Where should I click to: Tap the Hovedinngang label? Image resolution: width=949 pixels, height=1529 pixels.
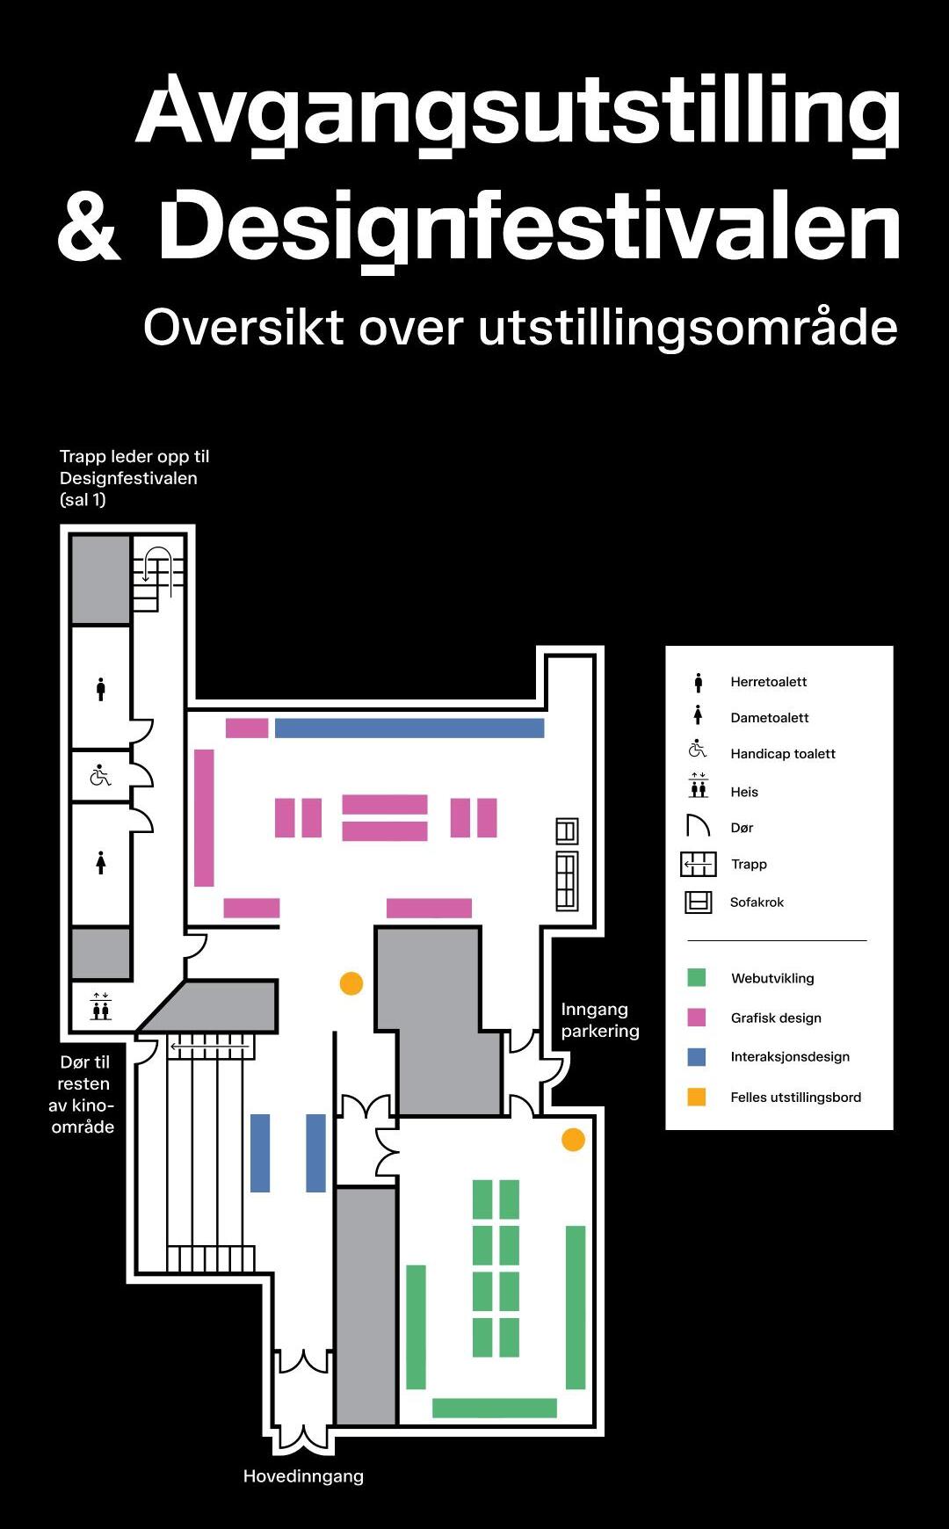303,1476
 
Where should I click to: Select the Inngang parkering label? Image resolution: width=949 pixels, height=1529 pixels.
600,1019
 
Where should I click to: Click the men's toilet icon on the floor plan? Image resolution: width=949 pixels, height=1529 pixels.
101,689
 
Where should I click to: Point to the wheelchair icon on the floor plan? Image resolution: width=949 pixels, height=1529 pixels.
101,775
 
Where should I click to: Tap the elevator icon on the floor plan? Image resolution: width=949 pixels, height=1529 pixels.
101,1006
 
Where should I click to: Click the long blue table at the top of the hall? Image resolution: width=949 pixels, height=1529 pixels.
409,728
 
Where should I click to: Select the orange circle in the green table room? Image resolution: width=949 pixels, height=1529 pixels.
573,1140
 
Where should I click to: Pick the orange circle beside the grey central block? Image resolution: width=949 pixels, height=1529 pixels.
351,983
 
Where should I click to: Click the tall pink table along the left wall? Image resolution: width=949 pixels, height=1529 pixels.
204,817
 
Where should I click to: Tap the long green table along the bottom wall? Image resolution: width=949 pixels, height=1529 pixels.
495,1408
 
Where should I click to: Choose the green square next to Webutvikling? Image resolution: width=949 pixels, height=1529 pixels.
697,977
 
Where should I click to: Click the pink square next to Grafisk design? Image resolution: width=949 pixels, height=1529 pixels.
697,1017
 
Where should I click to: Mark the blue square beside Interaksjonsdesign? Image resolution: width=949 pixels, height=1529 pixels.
697,1056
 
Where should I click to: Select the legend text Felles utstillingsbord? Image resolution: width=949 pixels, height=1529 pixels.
796,1097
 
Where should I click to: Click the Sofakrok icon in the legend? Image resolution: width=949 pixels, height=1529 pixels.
699,902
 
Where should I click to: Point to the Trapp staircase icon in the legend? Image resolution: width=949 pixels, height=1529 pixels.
699,865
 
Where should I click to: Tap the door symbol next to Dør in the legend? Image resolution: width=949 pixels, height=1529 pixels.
698,826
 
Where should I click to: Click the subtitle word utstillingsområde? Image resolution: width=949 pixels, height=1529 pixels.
688,327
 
